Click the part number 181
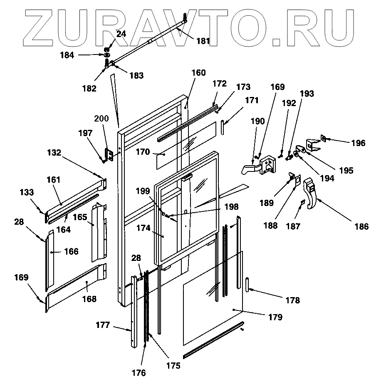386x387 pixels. pos(203,41)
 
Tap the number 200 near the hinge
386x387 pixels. pos(101,119)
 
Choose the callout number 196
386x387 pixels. pos(358,143)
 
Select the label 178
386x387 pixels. pos(293,300)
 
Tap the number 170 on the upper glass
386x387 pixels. pos(142,153)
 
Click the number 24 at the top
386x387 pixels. pos(121,35)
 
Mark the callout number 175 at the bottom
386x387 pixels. pos(173,366)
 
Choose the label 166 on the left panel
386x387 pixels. pos(71,252)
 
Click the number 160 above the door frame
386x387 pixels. pos(198,73)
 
